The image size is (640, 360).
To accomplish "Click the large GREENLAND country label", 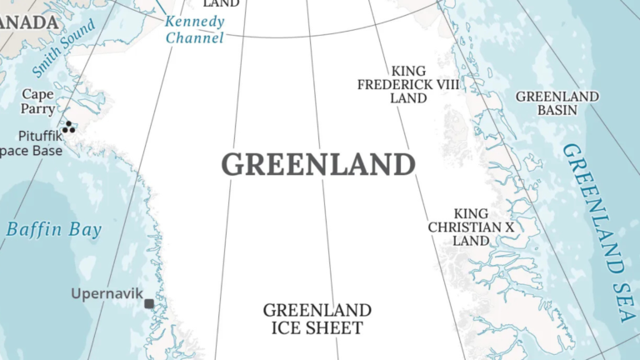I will [318, 164].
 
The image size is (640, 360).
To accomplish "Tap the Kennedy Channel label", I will [195, 29].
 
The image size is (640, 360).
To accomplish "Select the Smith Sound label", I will [64, 49].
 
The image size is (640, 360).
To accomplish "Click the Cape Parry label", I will [38, 102].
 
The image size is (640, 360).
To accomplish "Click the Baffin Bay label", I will [53, 230].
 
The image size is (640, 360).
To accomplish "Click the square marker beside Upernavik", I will [149, 304].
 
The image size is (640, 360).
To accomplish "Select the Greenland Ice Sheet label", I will [317, 319].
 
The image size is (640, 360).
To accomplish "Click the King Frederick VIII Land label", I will [408, 84].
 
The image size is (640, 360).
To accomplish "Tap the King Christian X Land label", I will [471, 227].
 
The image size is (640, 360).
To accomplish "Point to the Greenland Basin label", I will [557, 102].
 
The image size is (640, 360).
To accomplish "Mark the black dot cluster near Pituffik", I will [68, 127].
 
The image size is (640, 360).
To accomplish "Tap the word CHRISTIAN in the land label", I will [464, 227].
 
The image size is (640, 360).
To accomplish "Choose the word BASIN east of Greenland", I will [557, 110].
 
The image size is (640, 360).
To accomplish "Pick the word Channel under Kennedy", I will [195, 37].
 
